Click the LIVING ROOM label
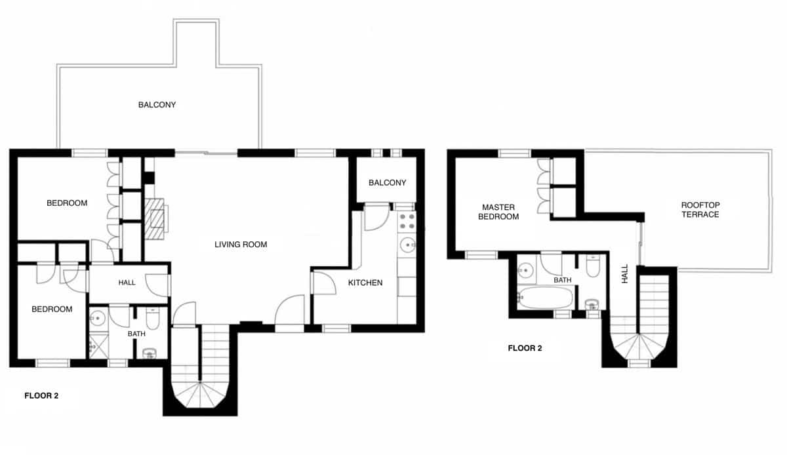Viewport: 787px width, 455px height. (x=241, y=245)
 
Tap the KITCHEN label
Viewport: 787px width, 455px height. (x=365, y=283)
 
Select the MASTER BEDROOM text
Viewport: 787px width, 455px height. (x=500, y=212)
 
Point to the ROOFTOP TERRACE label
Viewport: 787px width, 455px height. (x=700, y=210)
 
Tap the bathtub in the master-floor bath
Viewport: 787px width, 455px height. (x=545, y=298)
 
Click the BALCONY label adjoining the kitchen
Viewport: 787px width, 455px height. (x=387, y=183)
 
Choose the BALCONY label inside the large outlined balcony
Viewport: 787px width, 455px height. (x=157, y=105)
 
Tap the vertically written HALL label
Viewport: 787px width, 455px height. (x=625, y=273)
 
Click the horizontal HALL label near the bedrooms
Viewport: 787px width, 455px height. (x=127, y=283)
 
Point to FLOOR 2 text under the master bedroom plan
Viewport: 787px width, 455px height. (x=525, y=348)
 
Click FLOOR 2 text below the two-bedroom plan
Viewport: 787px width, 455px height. (x=41, y=395)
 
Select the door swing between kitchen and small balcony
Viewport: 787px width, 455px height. (x=376, y=217)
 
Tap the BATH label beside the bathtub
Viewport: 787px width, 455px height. (x=562, y=280)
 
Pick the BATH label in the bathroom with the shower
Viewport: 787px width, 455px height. (x=136, y=334)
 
